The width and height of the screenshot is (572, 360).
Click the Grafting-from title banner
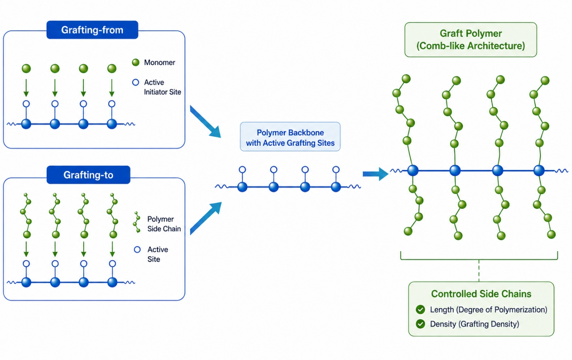pos(92,30)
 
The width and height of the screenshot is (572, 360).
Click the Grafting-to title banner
pos(88,175)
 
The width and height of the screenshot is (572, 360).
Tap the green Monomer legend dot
pos(136,62)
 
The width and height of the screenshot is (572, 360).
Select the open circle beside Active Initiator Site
pos(136,82)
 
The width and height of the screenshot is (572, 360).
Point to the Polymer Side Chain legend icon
pos(137,222)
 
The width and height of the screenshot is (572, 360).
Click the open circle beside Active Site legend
pos(137,249)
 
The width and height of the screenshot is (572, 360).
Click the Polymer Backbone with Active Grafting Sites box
pos(290,137)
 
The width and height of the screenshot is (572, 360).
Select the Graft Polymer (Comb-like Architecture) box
pos(470,39)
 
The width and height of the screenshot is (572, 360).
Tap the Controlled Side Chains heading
pos(481,294)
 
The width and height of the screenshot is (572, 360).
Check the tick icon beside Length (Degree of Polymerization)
pos(420,310)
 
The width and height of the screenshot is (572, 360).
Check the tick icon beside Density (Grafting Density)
pos(420,324)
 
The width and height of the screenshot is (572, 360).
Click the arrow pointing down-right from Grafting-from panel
pos(205,121)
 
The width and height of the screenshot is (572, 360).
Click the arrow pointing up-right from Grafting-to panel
pos(206,218)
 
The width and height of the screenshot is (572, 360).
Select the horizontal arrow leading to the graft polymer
pos(376,174)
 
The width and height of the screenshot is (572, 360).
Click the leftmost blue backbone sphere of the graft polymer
pos(413,171)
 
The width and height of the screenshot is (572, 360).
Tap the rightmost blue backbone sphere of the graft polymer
pos(539,171)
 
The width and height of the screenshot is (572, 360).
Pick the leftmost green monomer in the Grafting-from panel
pos(26,68)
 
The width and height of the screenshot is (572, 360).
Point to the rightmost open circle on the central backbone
pos(336,169)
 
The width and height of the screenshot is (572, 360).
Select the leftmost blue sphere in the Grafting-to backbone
pos(26,282)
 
